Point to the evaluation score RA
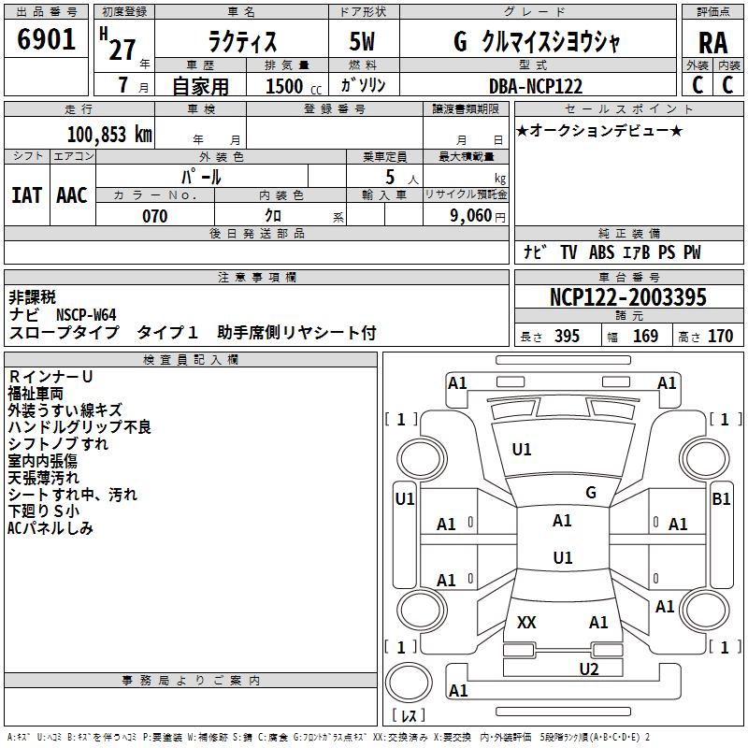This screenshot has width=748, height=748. (x=712, y=42)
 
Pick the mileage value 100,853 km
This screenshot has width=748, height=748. (x=109, y=134)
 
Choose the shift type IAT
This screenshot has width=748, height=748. (x=27, y=195)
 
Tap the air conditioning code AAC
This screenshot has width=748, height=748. (x=72, y=195)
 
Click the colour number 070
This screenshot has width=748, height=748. (x=154, y=216)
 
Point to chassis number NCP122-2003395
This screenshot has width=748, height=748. (x=627, y=297)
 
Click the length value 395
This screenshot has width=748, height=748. (x=567, y=337)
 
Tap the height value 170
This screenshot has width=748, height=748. (x=720, y=337)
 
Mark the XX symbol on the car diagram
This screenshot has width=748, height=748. (x=526, y=622)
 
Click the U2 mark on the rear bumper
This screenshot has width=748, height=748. (x=588, y=668)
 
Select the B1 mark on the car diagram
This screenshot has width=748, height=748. (x=721, y=499)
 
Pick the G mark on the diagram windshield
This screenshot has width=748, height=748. (x=590, y=492)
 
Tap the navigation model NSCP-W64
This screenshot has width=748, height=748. (x=86, y=315)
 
